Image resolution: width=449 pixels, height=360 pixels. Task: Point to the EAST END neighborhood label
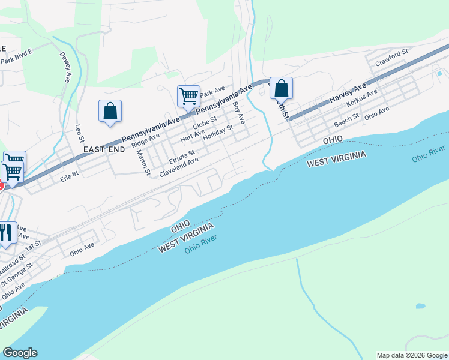tap(105, 149)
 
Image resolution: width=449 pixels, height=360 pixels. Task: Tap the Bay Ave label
tap(239, 112)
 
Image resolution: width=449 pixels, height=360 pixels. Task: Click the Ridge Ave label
tap(145, 140)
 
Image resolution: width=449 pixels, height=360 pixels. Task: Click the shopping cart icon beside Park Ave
tap(188, 96)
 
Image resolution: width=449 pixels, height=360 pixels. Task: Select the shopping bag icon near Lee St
tap(110, 111)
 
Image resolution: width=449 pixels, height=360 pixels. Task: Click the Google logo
tap(20, 353)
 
